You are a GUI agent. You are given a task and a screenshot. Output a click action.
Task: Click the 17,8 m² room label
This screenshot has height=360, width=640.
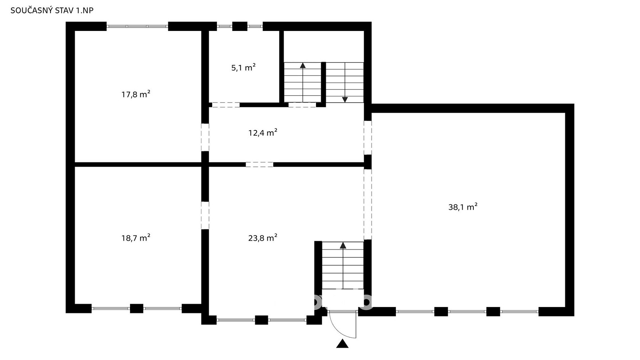[136, 94]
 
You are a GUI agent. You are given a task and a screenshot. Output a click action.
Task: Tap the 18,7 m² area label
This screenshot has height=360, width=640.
[136, 238]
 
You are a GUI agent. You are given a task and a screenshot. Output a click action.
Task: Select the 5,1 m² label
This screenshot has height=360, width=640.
[243, 67]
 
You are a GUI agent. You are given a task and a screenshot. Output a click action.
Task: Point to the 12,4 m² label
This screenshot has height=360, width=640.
[263, 133]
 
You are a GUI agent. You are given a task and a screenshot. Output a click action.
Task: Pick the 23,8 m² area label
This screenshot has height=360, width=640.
[263, 238]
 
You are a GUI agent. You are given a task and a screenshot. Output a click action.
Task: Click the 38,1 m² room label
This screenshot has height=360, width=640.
[463, 207]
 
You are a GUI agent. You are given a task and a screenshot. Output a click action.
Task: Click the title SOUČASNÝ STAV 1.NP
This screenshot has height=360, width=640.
[52, 10]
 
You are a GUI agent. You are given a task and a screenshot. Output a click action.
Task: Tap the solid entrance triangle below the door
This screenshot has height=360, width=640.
[342, 344]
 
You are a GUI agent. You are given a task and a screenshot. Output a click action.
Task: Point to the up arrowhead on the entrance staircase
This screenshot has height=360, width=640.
[343, 245]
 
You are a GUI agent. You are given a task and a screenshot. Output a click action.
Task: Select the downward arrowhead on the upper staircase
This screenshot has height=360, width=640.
[345, 100]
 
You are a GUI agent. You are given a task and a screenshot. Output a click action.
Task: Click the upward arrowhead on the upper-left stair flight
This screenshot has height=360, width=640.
[303, 66]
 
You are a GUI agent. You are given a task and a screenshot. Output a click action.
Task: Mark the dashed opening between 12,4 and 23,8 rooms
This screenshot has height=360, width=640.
[260, 165]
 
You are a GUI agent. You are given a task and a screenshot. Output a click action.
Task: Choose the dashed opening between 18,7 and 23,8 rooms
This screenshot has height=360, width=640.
[205, 215]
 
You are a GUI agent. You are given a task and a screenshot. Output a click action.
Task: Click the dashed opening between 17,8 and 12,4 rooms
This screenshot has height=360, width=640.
[205, 137]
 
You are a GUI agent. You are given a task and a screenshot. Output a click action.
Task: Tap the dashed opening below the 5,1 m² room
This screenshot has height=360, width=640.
[226, 105]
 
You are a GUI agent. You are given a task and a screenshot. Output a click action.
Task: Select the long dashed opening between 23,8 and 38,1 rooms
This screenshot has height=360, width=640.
[368, 204]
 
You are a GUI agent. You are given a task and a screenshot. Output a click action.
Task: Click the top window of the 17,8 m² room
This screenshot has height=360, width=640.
[137, 26]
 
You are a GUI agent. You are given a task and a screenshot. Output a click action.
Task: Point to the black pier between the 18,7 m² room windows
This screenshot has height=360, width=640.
[136, 309]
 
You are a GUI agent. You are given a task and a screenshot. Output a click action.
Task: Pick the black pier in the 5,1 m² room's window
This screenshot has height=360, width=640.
[240, 26]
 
